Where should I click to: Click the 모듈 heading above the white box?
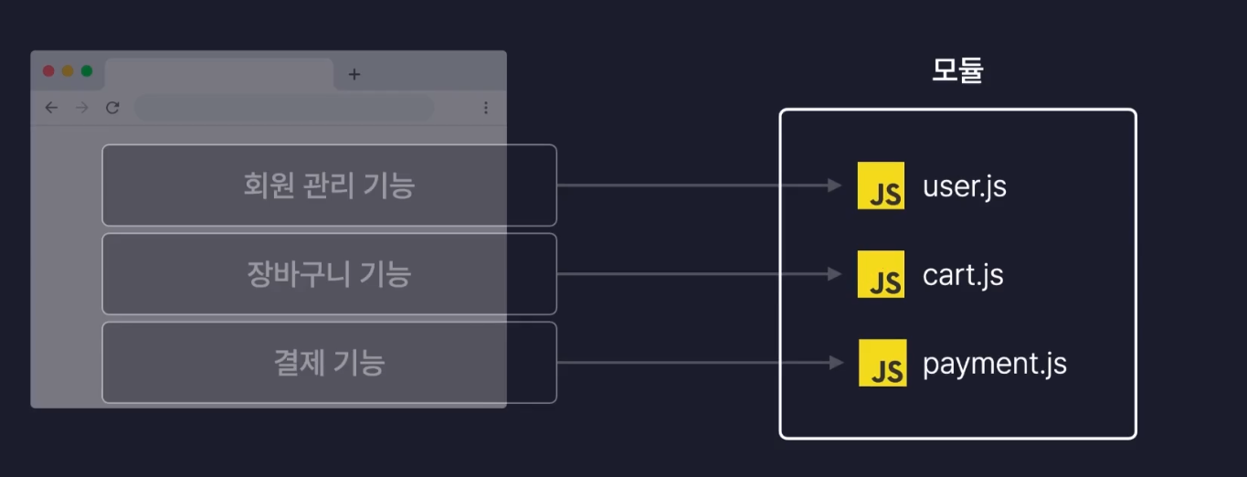[956, 70]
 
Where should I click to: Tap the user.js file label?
[964, 186]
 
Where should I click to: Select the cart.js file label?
[963, 275]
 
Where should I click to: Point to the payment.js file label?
[994, 364]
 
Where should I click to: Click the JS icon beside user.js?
[881, 185]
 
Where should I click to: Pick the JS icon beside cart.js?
[881, 274]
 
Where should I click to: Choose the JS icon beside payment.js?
[882, 363]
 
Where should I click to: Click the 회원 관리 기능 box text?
[329, 185]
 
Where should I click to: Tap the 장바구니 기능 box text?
[329, 274]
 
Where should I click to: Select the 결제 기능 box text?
[329, 363]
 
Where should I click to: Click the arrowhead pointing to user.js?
[835, 185]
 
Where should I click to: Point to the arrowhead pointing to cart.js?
[835, 274]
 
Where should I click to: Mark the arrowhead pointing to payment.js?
[835, 363]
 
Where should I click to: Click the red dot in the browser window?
[49, 71]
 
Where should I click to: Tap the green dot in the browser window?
[87, 71]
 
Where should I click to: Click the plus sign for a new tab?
[354, 74]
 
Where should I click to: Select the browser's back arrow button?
[51, 108]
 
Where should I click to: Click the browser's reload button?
[112, 108]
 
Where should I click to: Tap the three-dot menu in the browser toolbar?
[485, 108]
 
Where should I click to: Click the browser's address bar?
[284, 108]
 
